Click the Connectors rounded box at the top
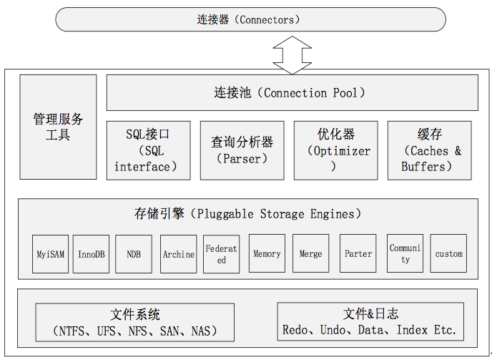point(250,19)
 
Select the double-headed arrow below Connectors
point(292,55)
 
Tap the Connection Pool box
point(292,92)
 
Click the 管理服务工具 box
point(58,127)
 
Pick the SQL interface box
point(149,150)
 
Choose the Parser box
point(242,150)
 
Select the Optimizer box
point(335,150)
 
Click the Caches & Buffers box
point(430,150)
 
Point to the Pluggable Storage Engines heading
point(248,214)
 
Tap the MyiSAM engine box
point(50,254)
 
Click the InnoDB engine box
point(91,254)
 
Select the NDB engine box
point(134,254)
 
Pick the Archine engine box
point(179,254)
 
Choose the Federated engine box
point(221,254)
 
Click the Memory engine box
point(267,253)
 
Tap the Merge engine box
point(310,253)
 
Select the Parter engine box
point(358,253)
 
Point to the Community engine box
point(405,253)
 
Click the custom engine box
point(448,253)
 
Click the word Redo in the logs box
point(295,330)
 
